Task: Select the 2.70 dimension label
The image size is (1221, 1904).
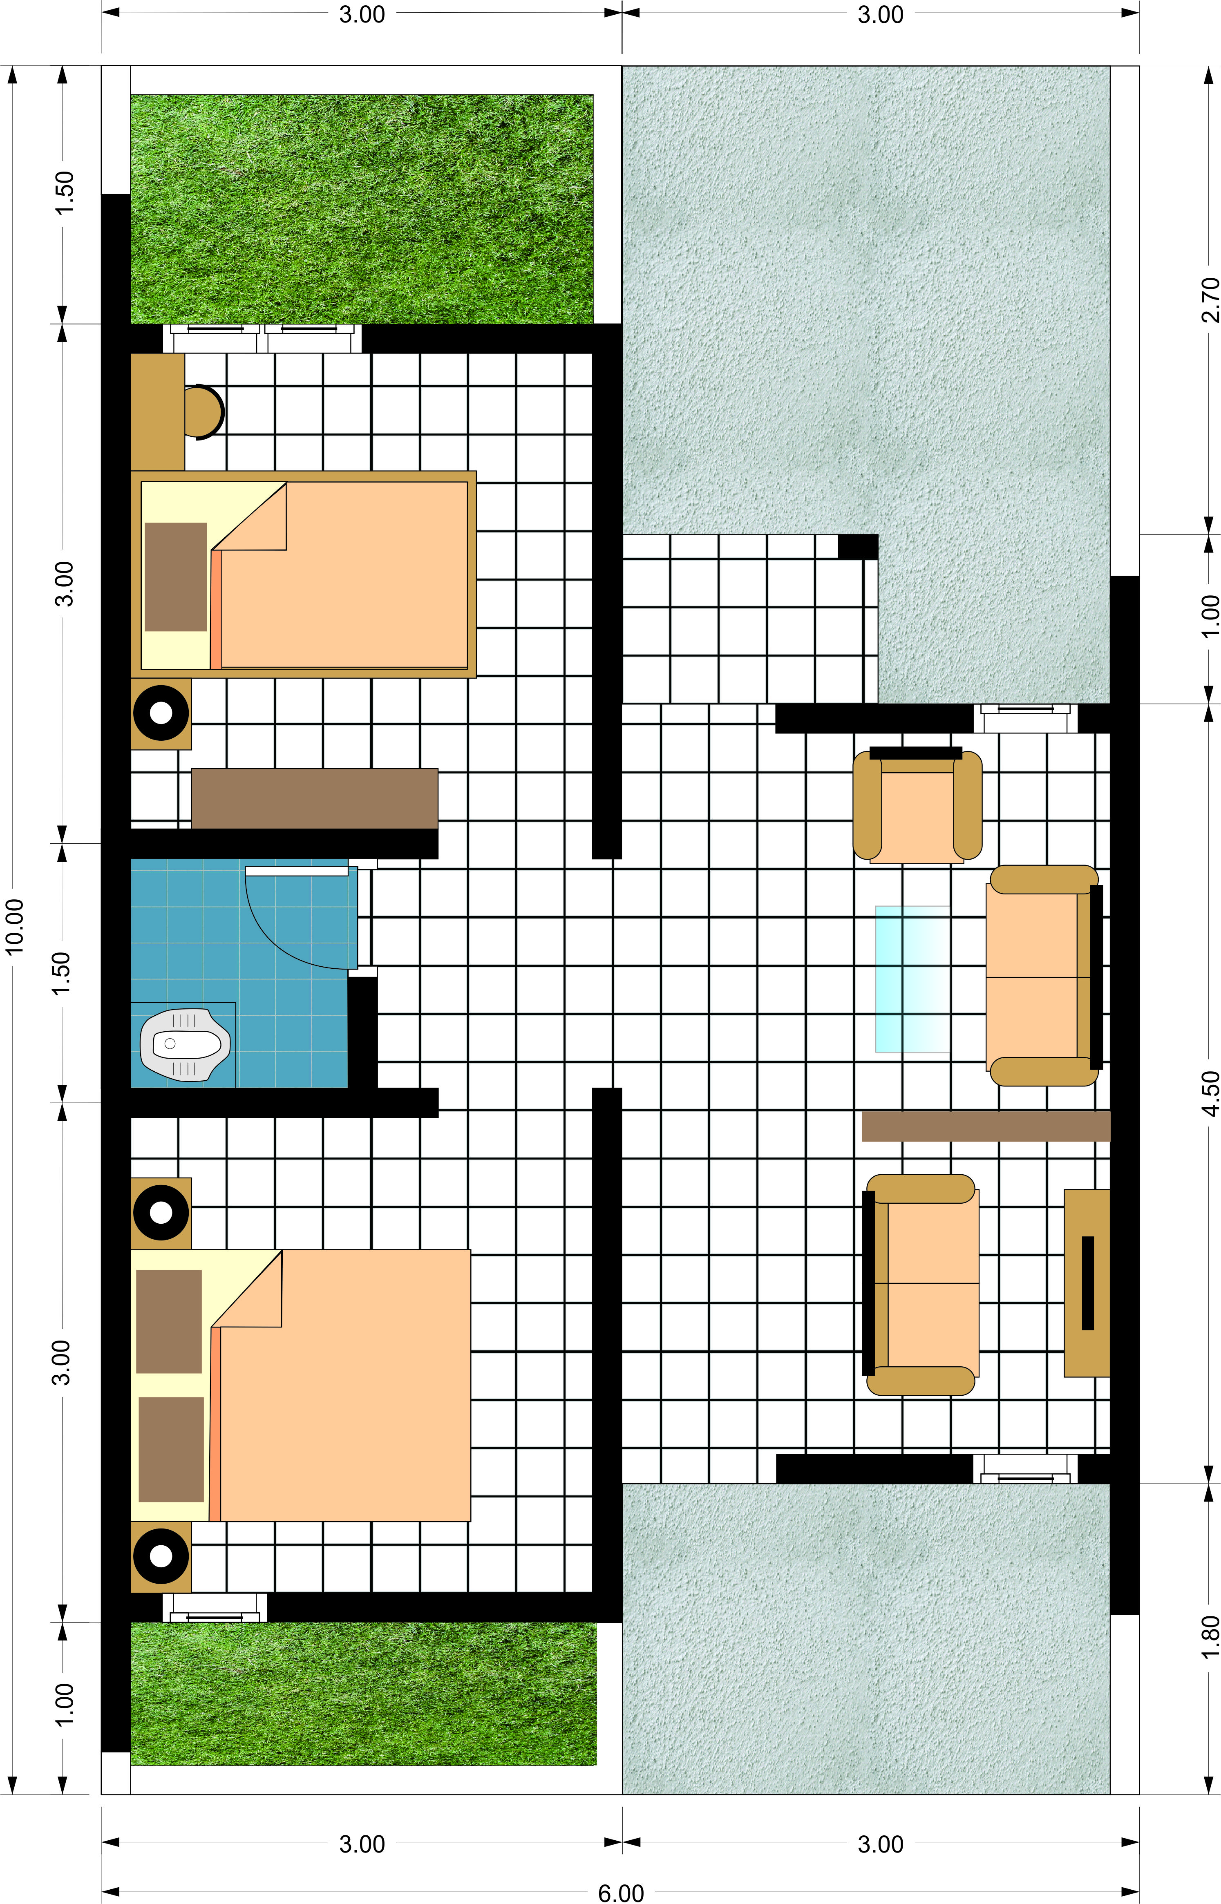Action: coord(1210,299)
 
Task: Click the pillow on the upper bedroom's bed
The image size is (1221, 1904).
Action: coord(175,576)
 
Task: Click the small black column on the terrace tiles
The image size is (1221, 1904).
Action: coord(858,546)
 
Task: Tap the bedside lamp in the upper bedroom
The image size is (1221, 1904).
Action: coord(161,713)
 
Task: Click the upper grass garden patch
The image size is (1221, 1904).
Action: coord(362,209)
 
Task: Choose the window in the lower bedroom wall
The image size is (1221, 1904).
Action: coord(215,1607)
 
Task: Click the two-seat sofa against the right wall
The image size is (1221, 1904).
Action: coord(1045,975)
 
